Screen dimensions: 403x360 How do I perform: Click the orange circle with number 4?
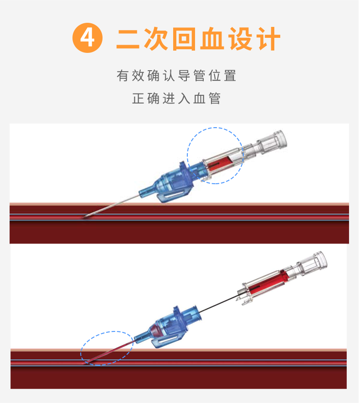(87, 39)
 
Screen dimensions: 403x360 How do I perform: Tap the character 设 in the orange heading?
(240, 39)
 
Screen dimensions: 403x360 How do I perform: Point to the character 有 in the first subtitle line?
(123, 76)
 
